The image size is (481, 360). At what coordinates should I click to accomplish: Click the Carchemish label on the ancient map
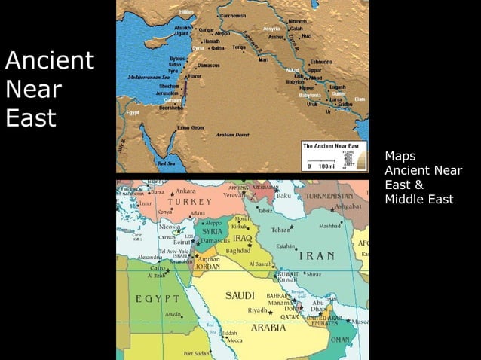(232, 16)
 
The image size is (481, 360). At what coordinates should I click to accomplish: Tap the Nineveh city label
(298, 21)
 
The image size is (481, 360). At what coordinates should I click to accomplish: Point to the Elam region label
(360, 99)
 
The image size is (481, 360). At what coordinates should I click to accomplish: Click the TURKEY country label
(190, 202)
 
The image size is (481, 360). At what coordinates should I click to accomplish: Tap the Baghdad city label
(237, 250)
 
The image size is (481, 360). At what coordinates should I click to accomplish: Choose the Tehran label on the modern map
(280, 229)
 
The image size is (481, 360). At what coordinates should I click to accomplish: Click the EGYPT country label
(158, 300)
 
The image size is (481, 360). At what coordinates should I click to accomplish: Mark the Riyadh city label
(258, 310)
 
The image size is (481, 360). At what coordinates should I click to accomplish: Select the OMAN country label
(341, 340)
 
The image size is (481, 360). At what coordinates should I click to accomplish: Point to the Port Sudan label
(196, 352)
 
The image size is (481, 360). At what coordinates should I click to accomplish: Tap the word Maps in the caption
(400, 157)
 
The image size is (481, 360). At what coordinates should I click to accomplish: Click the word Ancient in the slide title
(50, 60)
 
